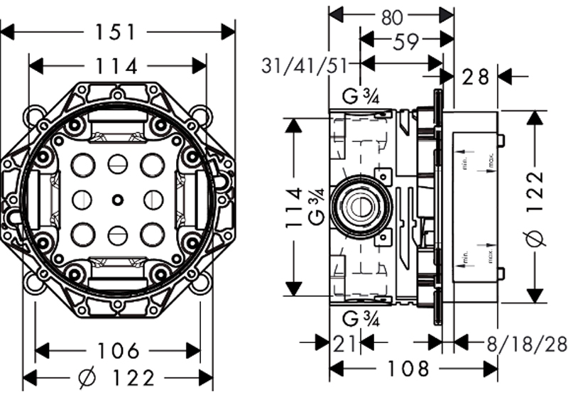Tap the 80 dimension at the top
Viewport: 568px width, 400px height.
(x=391, y=16)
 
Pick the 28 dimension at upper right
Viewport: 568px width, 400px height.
(x=476, y=76)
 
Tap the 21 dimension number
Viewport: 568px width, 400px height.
(x=346, y=343)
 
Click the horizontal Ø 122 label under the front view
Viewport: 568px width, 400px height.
(x=118, y=378)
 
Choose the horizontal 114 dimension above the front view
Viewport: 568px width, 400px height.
(x=117, y=66)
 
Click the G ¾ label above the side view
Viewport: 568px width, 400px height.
(x=361, y=95)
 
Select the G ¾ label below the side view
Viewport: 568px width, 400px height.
(x=361, y=319)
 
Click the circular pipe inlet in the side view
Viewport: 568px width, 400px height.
(x=361, y=207)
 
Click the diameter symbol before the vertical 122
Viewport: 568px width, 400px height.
(x=537, y=238)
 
